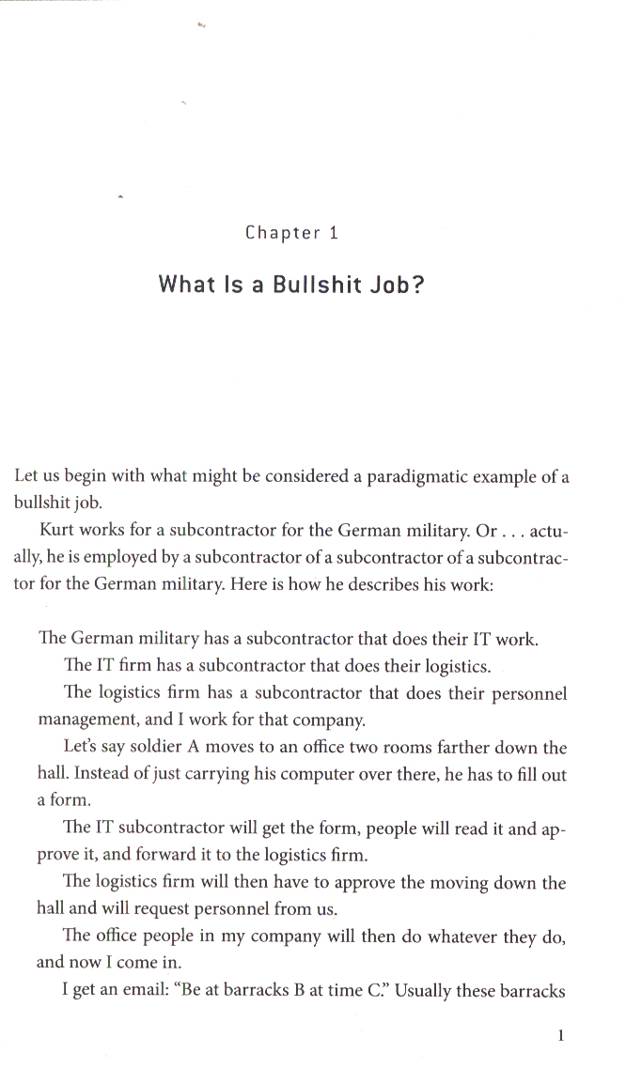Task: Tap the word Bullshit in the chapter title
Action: pyautogui.click(x=311, y=284)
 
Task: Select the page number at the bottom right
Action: pyautogui.click(x=560, y=1036)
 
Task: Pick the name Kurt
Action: pyautogui.click(x=55, y=531)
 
